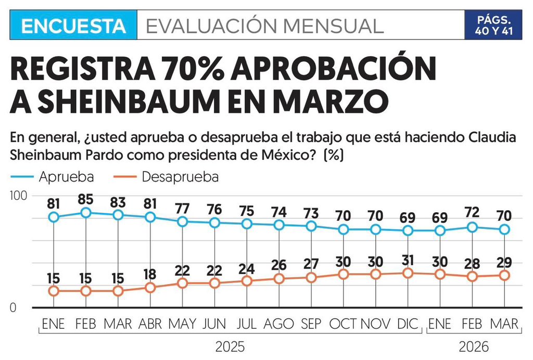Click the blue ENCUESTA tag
(73, 25)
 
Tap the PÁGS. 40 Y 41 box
(492, 25)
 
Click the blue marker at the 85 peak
(86, 212)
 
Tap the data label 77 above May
(182, 208)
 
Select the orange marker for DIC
(408, 273)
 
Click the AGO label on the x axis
(279, 324)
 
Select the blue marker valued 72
(472, 227)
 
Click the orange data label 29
(504, 262)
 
